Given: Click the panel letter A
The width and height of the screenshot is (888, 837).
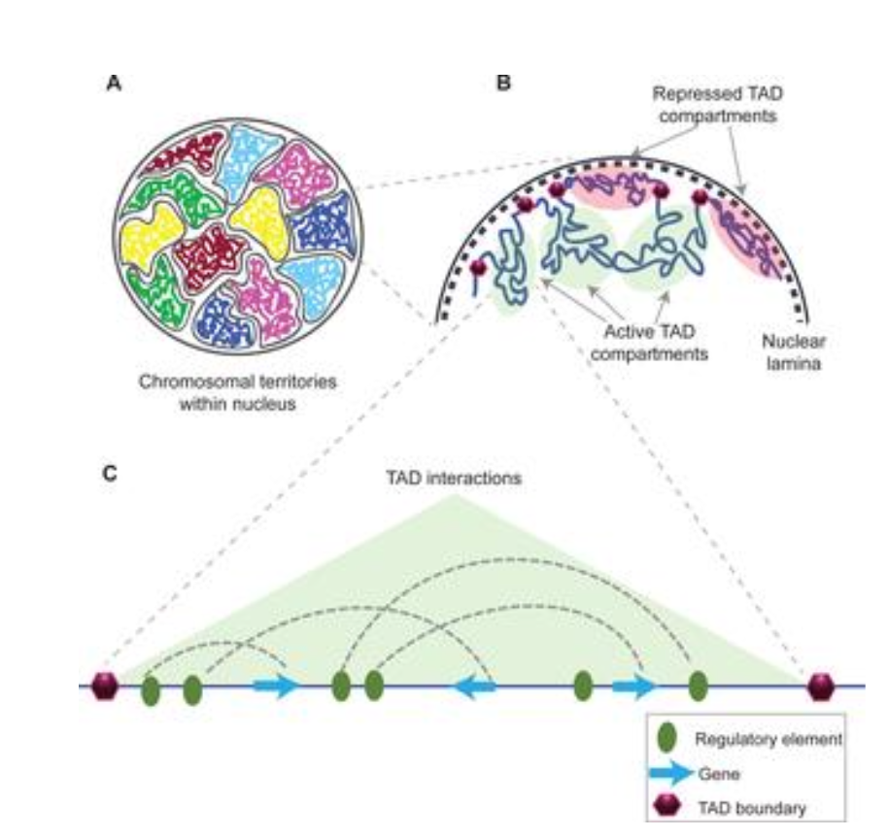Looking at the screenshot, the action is pyautogui.click(x=114, y=84).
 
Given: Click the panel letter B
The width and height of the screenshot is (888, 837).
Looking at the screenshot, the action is pyautogui.click(x=504, y=84).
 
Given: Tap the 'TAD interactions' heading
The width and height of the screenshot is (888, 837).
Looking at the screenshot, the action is pyautogui.click(x=452, y=478).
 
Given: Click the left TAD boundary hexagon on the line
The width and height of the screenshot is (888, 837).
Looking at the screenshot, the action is pyautogui.click(x=104, y=686).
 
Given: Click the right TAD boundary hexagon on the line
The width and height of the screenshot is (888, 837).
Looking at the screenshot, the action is pyautogui.click(x=821, y=686).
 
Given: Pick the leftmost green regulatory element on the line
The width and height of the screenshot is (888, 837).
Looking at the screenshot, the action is pyautogui.click(x=150, y=691).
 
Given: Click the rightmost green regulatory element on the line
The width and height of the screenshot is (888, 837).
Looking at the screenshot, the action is pyautogui.click(x=698, y=686).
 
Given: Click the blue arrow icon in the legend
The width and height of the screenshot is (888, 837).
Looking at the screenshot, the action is pyautogui.click(x=672, y=774).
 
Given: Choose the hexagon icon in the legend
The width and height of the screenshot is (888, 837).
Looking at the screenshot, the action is pyautogui.click(x=667, y=806).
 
